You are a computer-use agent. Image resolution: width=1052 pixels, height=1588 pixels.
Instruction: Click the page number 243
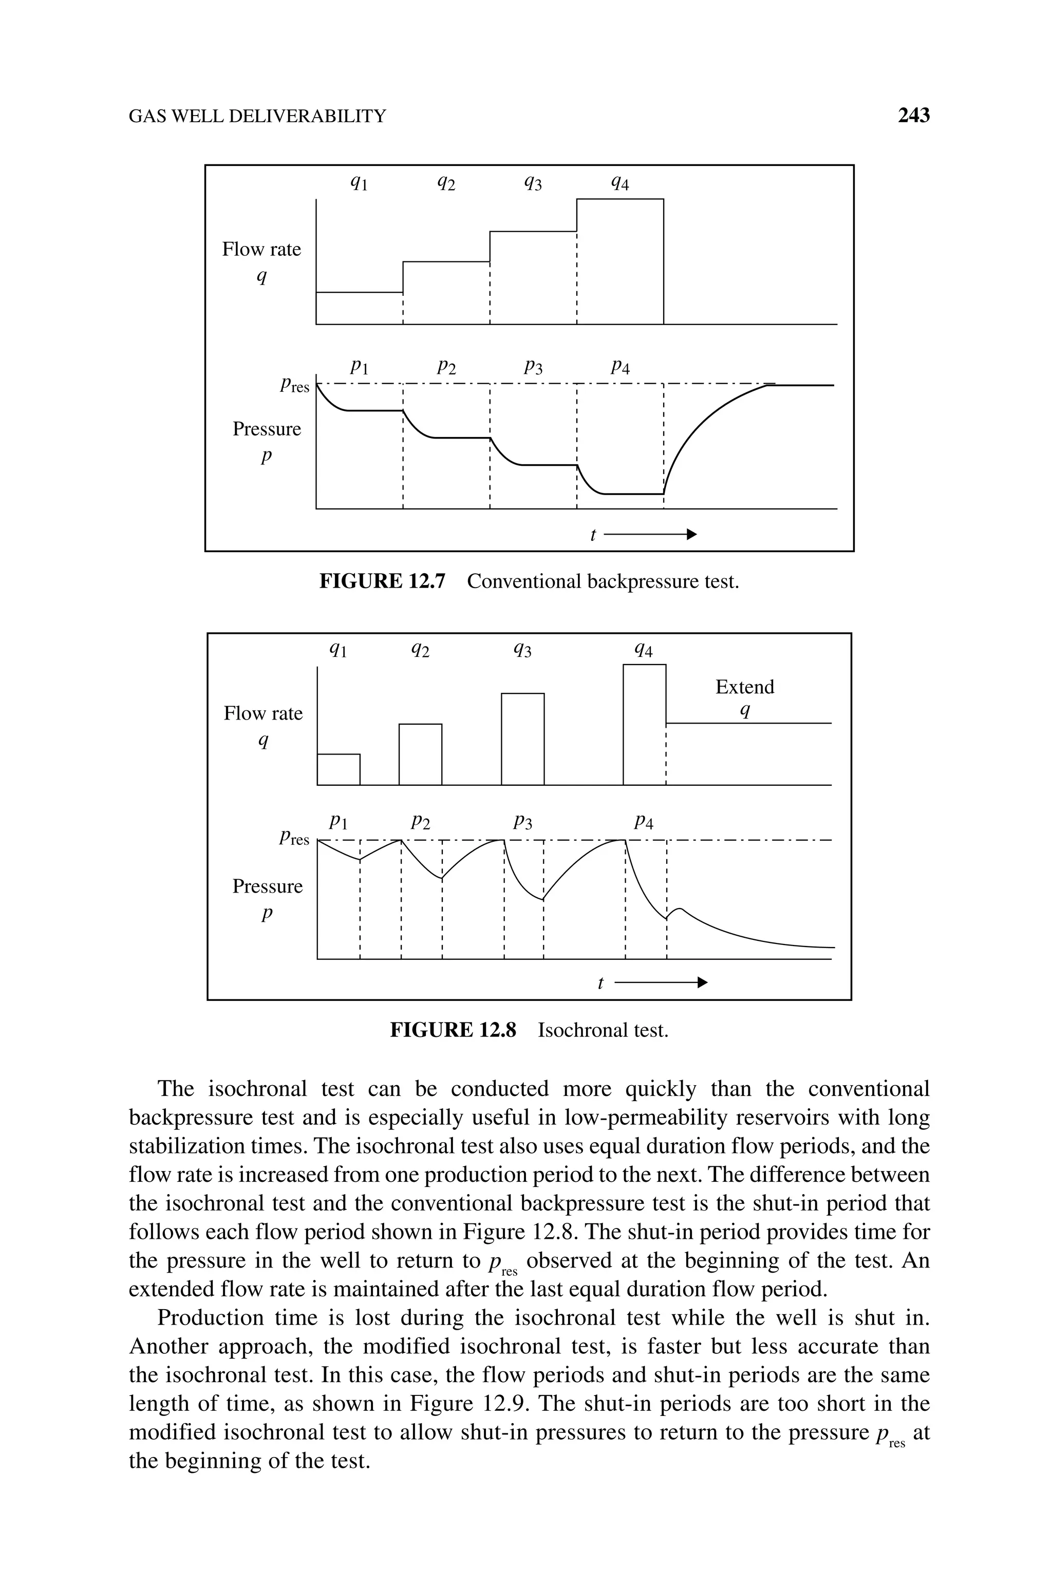coord(913,116)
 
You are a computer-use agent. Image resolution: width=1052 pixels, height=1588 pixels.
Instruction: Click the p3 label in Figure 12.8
coord(522,822)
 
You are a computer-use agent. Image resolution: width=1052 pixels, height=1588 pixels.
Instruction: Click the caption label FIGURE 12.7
coord(382,581)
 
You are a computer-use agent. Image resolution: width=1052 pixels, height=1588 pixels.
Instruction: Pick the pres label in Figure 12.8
coord(294,838)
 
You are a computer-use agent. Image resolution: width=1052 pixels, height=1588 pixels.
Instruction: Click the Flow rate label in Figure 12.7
coord(261,250)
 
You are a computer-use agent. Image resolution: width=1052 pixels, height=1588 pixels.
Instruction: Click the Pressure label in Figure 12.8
coord(267,886)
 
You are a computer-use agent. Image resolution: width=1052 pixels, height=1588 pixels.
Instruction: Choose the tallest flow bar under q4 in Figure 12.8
coord(644,724)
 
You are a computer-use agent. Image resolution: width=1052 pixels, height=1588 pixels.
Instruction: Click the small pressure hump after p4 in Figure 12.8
coord(678,910)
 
